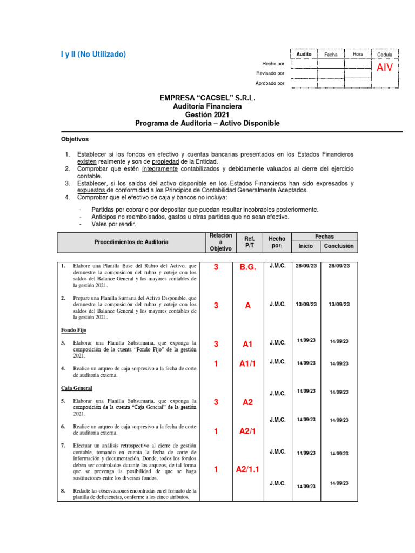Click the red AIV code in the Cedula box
[x=385, y=68]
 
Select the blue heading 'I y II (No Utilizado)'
[x=92, y=54]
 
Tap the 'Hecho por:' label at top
[x=274, y=64]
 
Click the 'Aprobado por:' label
[x=270, y=83]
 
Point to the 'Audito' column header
[x=304, y=55]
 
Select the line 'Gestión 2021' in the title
[x=207, y=115]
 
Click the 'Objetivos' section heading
[x=75, y=139]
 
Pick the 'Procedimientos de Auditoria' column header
[x=131, y=242]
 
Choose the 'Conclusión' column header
[x=339, y=246]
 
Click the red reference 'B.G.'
[x=247, y=267]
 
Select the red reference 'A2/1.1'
[x=247, y=469]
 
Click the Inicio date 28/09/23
[x=306, y=266]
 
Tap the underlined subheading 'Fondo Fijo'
[x=73, y=330]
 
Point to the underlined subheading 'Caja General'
[x=76, y=388]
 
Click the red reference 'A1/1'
[x=247, y=364]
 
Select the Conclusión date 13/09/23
[x=339, y=305]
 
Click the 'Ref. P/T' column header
[x=249, y=242]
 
